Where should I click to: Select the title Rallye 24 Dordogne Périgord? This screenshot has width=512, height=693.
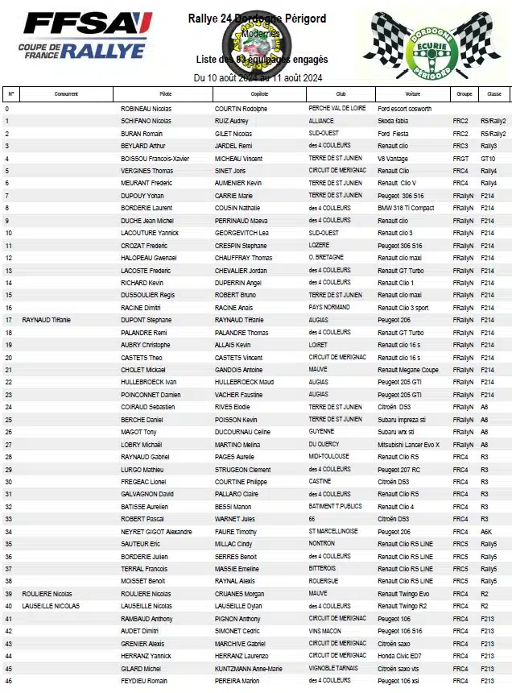tap(257, 19)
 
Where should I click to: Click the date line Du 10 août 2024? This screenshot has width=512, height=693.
tap(258, 77)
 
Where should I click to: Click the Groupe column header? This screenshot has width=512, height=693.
tap(464, 93)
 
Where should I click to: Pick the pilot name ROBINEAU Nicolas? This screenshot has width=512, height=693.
tap(147, 109)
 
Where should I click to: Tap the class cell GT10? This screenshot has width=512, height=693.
tap(488, 159)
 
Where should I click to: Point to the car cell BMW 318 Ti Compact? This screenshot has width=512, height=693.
tap(406, 208)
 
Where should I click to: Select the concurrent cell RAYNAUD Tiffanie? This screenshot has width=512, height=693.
tap(46, 320)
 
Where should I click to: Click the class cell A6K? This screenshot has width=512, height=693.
tap(486, 532)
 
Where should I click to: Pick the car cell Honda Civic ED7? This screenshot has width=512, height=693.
tap(400, 656)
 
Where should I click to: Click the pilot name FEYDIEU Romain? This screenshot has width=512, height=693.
tap(145, 681)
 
